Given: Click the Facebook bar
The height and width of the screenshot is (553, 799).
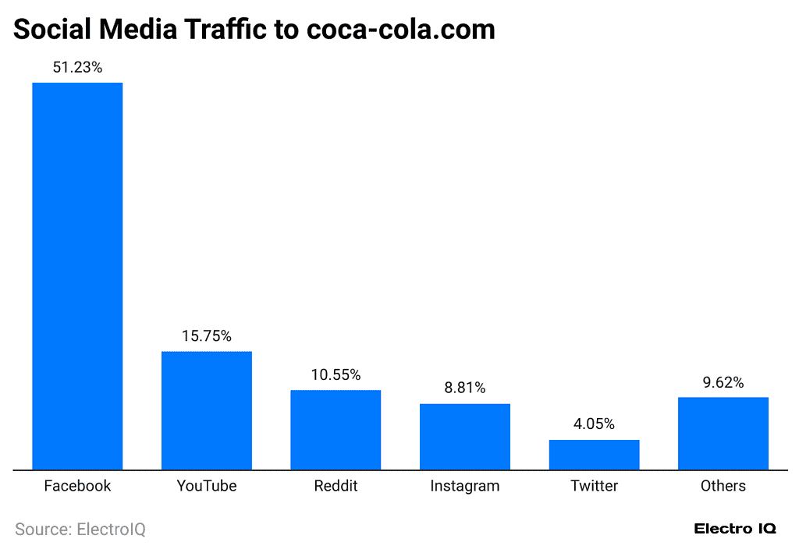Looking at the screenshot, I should click(77, 276).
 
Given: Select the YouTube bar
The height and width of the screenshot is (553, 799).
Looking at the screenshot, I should click(207, 410).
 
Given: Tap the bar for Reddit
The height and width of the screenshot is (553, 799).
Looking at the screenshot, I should click(336, 430).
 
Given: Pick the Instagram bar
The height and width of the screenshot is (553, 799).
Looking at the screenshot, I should click(465, 437).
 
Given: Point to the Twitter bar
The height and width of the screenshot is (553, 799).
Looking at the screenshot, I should click(594, 455).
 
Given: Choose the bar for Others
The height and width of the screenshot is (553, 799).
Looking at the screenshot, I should click(723, 434).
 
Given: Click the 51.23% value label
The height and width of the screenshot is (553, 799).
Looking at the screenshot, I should click(77, 68).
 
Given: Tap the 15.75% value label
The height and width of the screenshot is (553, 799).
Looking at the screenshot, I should click(207, 336).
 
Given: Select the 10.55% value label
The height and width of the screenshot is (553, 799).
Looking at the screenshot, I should click(336, 375).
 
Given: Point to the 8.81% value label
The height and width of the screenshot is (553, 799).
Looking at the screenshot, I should click(465, 388).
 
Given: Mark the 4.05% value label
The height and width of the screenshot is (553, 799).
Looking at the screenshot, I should click(594, 424).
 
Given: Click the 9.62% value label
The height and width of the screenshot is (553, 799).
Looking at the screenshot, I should click(723, 382).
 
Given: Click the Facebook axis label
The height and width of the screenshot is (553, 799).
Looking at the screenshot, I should click(77, 486).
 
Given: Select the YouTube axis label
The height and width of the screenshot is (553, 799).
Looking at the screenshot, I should click(207, 486).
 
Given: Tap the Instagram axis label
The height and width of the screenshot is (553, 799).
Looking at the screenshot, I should click(465, 486).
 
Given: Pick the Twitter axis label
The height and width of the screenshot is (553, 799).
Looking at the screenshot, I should click(594, 486).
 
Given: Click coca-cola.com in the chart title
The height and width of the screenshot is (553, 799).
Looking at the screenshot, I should click(400, 29).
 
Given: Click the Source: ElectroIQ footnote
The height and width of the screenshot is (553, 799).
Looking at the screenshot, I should click(80, 530).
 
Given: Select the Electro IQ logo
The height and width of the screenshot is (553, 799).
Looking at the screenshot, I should click(735, 529).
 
